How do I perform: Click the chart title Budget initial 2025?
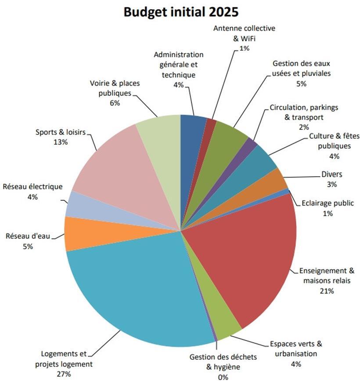pyautogui.click(x=180, y=12)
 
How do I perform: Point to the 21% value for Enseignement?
pyautogui.click(x=327, y=291)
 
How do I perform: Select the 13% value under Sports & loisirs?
pyautogui.click(x=60, y=142)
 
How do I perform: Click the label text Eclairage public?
pyautogui.click(x=328, y=203)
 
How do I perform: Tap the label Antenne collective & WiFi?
pyautogui.click(x=244, y=33)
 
